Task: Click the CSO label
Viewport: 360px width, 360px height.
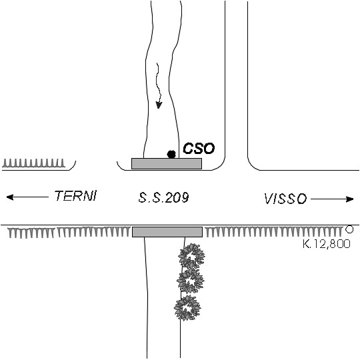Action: (199, 148)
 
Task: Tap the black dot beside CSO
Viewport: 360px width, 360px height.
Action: (171, 154)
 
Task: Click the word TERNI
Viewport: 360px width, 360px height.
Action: (75, 196)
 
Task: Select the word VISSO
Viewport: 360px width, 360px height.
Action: (285, 199)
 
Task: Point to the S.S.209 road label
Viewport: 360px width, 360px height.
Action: (164, 197)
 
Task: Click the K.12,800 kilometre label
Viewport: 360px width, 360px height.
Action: (327, 243)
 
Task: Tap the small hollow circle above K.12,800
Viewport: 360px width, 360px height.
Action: (349, 229)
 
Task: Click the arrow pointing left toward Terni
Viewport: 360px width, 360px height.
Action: (27, 197)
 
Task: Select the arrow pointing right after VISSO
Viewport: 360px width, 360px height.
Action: (332, 199)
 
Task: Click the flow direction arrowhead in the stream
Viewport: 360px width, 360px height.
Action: (159, 105)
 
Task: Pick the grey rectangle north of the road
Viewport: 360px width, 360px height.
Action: (167, 163)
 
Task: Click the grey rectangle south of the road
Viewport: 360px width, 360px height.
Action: (167, 232)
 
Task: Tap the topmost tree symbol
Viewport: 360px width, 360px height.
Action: (192, 255)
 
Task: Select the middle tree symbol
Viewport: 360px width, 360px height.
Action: (190, 281)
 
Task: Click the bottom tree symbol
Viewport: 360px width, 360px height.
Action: (187, 308)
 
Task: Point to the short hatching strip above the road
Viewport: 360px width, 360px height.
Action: (34, 163)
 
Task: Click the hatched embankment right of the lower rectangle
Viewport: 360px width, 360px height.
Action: (273, 231)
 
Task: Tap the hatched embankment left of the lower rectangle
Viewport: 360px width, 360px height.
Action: (69, 233)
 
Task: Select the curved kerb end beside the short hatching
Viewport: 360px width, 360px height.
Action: (74, 167)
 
